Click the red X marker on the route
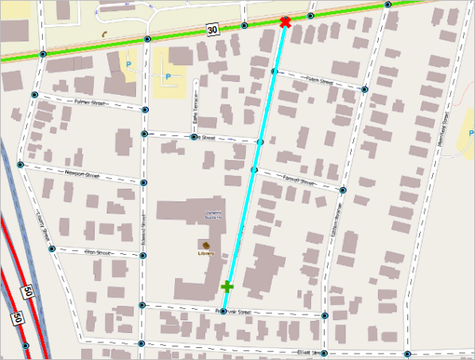pos(285,22)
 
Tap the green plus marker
pos(228,286)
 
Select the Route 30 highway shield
pos(212,29)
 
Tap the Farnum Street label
pos(298,179)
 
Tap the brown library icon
pos(207,245)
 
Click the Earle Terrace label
pos(193,120)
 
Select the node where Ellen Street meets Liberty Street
pos(52,248)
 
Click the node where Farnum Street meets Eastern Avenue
pos(343,190)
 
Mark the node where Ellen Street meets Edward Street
pos(142,256)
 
